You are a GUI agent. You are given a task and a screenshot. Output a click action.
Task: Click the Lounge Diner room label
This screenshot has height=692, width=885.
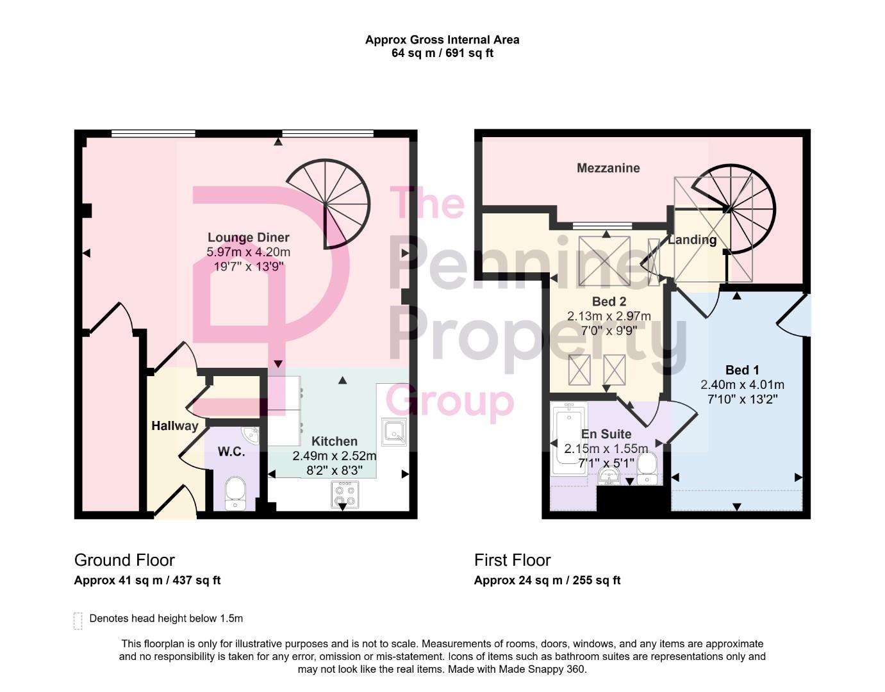(249, 238)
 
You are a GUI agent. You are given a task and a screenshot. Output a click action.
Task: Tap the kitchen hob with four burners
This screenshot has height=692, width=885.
(345, 495)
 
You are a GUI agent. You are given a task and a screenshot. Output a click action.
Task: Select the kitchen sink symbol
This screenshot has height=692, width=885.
(393, 432)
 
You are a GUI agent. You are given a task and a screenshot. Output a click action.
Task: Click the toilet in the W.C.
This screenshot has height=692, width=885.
(235, 493)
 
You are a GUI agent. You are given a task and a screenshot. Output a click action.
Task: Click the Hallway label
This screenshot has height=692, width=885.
(174, 426)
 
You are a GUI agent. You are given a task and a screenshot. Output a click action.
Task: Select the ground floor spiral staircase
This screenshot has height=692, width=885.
(329, 204)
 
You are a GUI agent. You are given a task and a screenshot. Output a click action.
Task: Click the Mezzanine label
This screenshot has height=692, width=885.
(608, 169)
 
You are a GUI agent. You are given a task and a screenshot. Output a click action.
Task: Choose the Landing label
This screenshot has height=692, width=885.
(692, 240)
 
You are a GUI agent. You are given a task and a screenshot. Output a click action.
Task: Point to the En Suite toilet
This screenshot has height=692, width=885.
(646, 468)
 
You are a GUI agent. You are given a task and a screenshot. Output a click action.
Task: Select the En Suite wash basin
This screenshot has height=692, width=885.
(608, 476)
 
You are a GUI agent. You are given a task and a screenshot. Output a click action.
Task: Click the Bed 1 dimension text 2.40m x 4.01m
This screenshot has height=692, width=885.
(742, 385)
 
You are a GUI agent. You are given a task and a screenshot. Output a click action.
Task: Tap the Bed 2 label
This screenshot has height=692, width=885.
(609, 302)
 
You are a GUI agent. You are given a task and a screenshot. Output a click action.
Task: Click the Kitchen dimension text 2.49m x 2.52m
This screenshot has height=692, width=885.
(334, 456)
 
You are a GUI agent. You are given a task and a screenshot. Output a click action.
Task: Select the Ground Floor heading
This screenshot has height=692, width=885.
(124, 560)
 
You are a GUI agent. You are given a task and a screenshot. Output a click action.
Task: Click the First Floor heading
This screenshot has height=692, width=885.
(512, 560)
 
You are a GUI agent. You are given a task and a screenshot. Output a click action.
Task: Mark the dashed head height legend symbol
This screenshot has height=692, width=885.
(78, 620)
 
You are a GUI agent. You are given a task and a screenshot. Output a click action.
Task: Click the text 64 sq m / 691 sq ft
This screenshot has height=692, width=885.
(442, 53)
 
